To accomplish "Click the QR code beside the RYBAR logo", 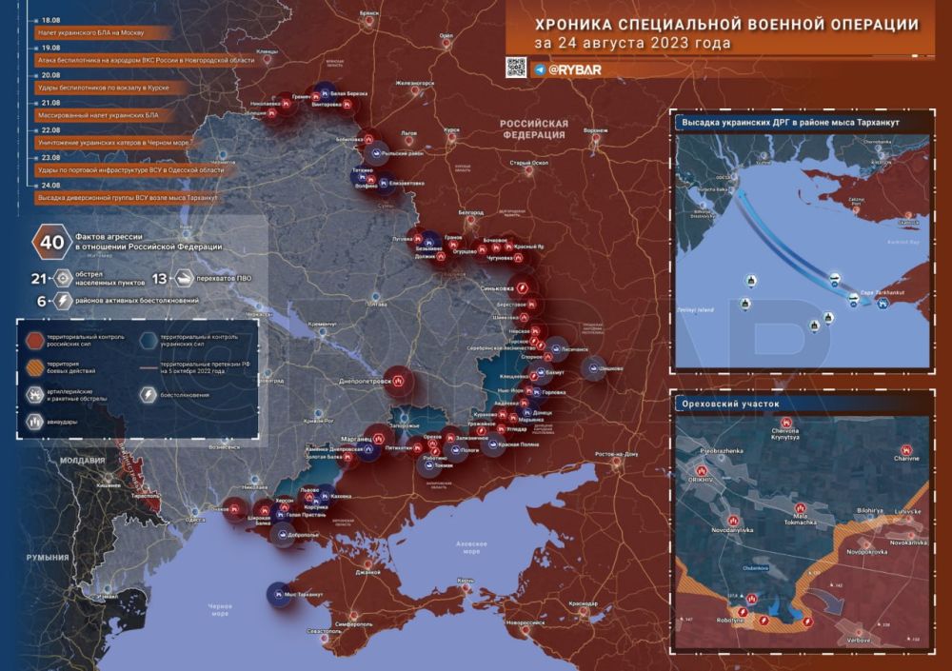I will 516,67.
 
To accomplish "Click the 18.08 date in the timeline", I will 50,18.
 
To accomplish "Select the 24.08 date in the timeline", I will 50,185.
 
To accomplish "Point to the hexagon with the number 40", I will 51,242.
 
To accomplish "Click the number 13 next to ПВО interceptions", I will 159,279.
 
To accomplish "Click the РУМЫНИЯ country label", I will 48,557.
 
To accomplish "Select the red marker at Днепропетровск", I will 398,380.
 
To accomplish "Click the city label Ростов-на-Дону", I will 617,454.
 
